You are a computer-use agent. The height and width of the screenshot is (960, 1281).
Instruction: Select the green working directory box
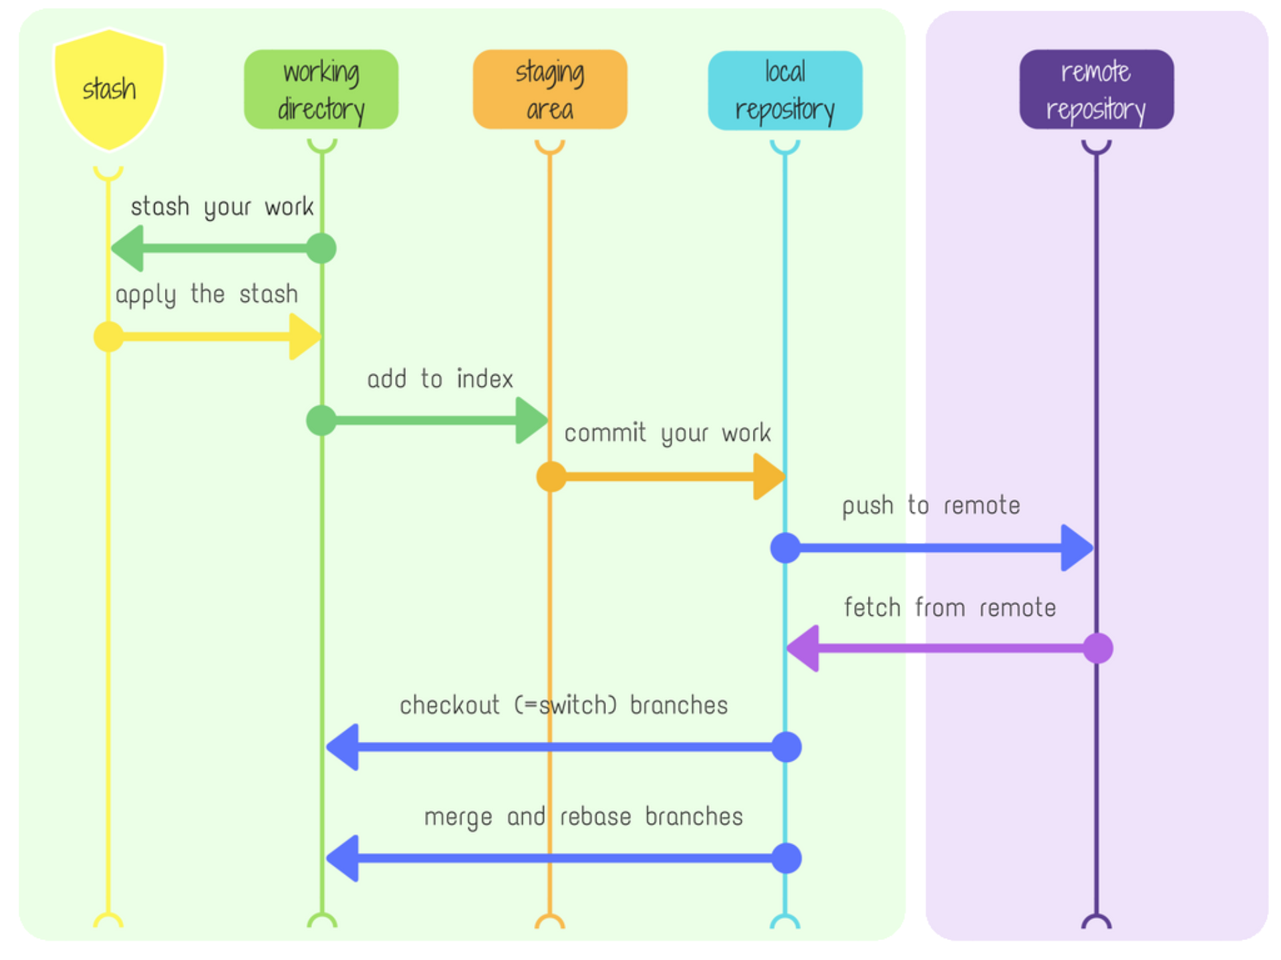[321, 90]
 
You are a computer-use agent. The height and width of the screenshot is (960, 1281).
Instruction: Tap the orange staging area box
[550, 90]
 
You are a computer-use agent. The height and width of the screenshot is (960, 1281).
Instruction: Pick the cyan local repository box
[785, 90]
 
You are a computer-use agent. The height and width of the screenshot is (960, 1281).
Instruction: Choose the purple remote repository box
[1096, 90]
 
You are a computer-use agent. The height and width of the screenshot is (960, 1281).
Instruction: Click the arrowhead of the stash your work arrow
[129, 249]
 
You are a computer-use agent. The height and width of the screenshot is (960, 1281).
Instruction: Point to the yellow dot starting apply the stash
[108, 336]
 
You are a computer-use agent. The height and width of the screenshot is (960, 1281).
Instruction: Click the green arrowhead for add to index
[531, 420]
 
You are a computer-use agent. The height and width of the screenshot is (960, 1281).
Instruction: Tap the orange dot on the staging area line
[551, 477]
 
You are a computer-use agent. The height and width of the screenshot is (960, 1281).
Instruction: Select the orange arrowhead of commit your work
[768, 477]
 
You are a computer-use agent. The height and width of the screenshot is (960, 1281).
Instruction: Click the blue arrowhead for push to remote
[1075, 548]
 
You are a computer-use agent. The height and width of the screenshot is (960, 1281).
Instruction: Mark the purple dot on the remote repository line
[1097, 648]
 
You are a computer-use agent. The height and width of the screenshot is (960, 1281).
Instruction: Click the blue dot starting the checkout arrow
[786, 747]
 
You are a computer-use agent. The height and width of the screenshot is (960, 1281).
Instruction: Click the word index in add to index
[485, 379]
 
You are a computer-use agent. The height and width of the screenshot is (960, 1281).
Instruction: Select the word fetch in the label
[872, 608]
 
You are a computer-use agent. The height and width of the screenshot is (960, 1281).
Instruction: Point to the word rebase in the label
[595, 816]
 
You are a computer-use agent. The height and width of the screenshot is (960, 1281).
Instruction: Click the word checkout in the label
[449, 705]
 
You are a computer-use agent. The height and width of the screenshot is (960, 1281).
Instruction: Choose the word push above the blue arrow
[867, 506]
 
